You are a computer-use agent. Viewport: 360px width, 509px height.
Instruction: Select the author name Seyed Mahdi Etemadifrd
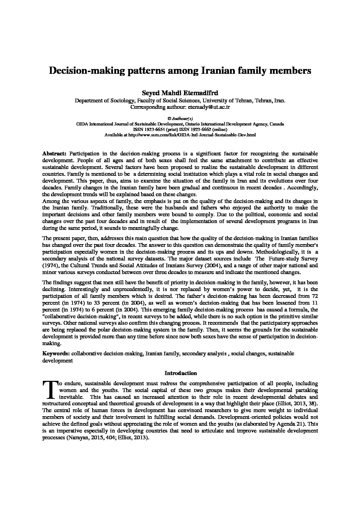(x=180, y=93)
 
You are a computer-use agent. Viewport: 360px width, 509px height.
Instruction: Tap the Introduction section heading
(x=180, y=373)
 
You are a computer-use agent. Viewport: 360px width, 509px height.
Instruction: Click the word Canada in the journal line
(x=277, y=124)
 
